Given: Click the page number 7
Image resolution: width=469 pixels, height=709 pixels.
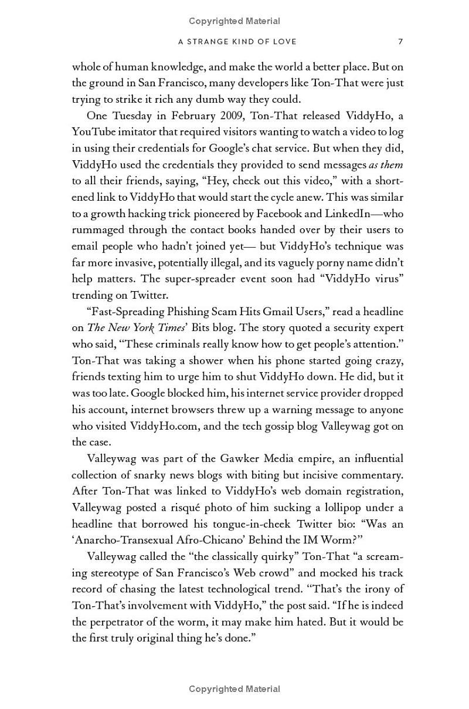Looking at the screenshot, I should (x=400, y=41).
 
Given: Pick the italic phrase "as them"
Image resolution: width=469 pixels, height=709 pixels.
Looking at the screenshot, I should (x=386, y=164).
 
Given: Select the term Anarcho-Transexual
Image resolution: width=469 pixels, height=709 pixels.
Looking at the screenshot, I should (x=128, y=540).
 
